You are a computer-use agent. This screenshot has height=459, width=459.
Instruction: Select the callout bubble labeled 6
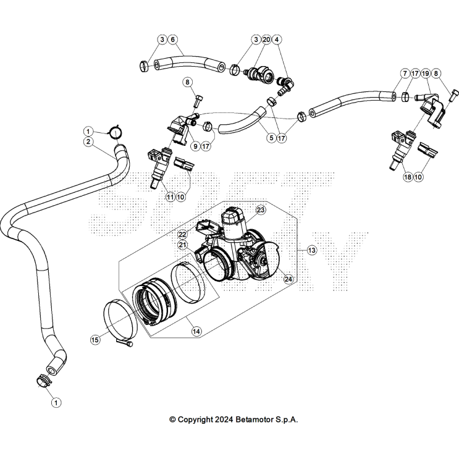[173, 40]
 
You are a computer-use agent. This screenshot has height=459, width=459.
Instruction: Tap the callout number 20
[266, 40]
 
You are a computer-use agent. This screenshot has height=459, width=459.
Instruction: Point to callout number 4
[277, 40]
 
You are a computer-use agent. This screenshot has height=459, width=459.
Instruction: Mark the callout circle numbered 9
[195, 146]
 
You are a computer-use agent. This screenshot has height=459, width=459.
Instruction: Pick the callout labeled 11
[170, 197]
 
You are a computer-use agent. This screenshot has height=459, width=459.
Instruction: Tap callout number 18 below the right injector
[406, 177]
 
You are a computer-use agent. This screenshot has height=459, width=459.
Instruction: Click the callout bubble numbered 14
[196, 332]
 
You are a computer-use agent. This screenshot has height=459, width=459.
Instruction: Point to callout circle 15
[95, 340]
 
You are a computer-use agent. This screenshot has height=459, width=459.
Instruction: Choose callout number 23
[261, 210]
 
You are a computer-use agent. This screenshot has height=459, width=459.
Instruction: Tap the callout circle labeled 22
[182, 235]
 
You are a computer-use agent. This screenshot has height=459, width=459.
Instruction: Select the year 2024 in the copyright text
[223, 419]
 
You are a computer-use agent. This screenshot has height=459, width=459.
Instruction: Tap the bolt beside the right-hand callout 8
[453, 95]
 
